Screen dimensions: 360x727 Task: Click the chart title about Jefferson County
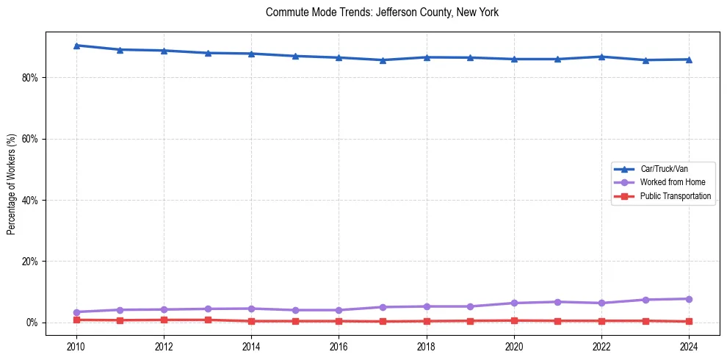click(382, 12)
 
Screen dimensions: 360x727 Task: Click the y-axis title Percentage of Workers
click(11, 184)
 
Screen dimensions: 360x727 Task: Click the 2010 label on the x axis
click(76, 347)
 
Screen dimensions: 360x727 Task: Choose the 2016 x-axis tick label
click(339, 347)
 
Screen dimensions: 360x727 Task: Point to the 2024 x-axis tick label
click(689, 347)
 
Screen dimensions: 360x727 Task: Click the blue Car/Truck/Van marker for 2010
click(76, 46)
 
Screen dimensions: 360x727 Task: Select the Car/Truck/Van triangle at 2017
click(383, 60)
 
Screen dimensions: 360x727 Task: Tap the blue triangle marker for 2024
click(689, 60)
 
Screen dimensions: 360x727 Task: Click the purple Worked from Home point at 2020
click(514, 303)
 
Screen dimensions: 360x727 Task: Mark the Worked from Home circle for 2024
click(689, 299)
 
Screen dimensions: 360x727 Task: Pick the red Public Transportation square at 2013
click(208, 320)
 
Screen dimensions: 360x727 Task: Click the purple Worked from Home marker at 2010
click(76, 312)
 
